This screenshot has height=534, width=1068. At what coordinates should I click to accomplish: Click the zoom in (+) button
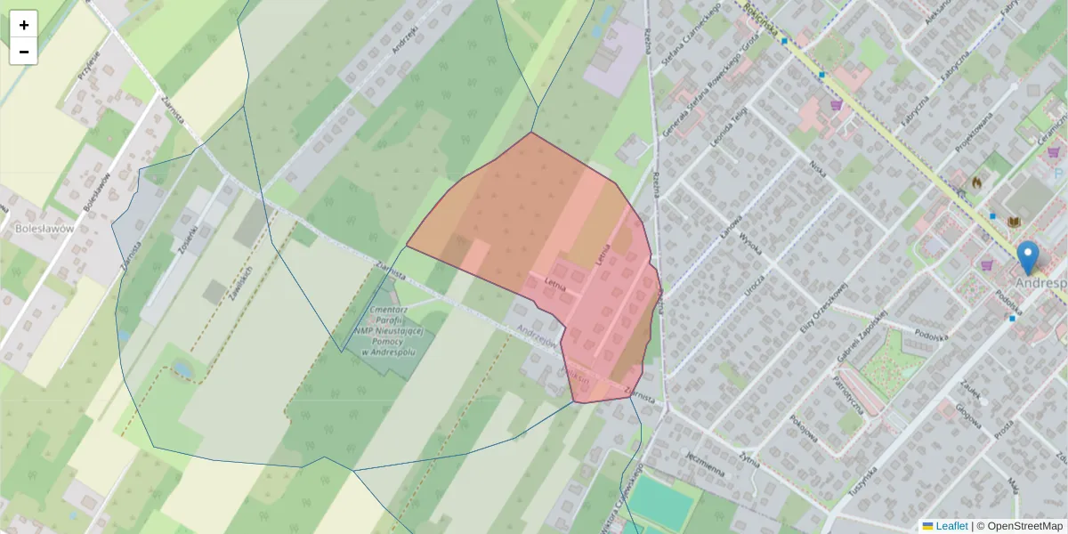(23, 24)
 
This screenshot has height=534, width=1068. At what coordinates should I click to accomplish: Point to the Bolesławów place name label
(44, 228)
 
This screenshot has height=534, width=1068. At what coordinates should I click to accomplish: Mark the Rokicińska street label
(740, 13)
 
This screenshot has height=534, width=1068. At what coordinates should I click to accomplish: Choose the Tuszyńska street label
(862, 481)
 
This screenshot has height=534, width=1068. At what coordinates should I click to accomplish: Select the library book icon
(1013, 222)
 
